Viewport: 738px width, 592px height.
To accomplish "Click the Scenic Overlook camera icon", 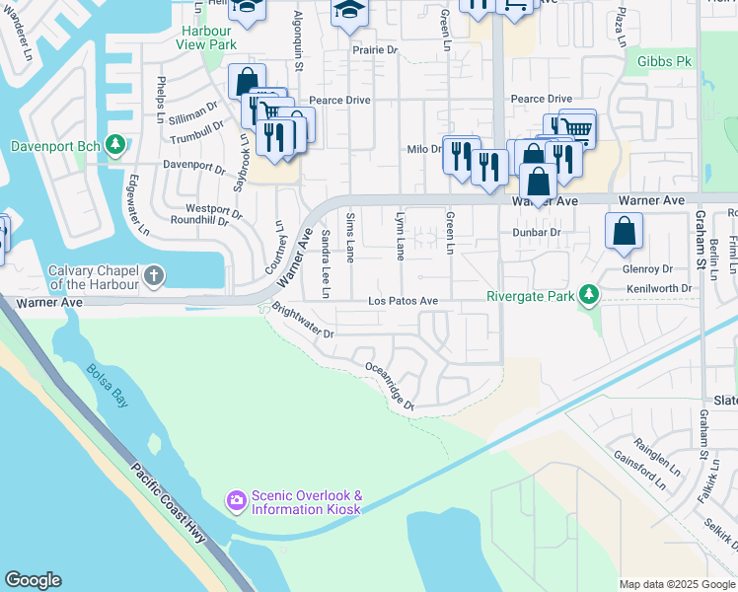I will click(x=236, y=502).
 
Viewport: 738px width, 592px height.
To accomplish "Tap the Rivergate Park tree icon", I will click(x=589, y=294).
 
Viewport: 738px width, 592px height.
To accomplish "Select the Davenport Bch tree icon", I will click(x=115, y=146).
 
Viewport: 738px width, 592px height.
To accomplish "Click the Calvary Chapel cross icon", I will click(x=154, y=276).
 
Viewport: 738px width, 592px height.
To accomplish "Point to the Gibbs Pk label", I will click(x=663, y=61).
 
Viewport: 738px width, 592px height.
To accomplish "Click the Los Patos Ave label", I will click(x=402, y=300).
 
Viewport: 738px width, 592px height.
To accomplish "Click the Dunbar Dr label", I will click(x=536, y=232).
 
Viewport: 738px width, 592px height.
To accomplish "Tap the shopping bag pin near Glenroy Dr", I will click(x=625, y=233).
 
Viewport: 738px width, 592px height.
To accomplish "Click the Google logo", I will click(x=33, y=580).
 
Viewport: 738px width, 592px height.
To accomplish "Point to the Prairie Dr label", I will click(x=376, y=49).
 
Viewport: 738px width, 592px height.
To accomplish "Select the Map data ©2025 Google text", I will click(x=677, y=584).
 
